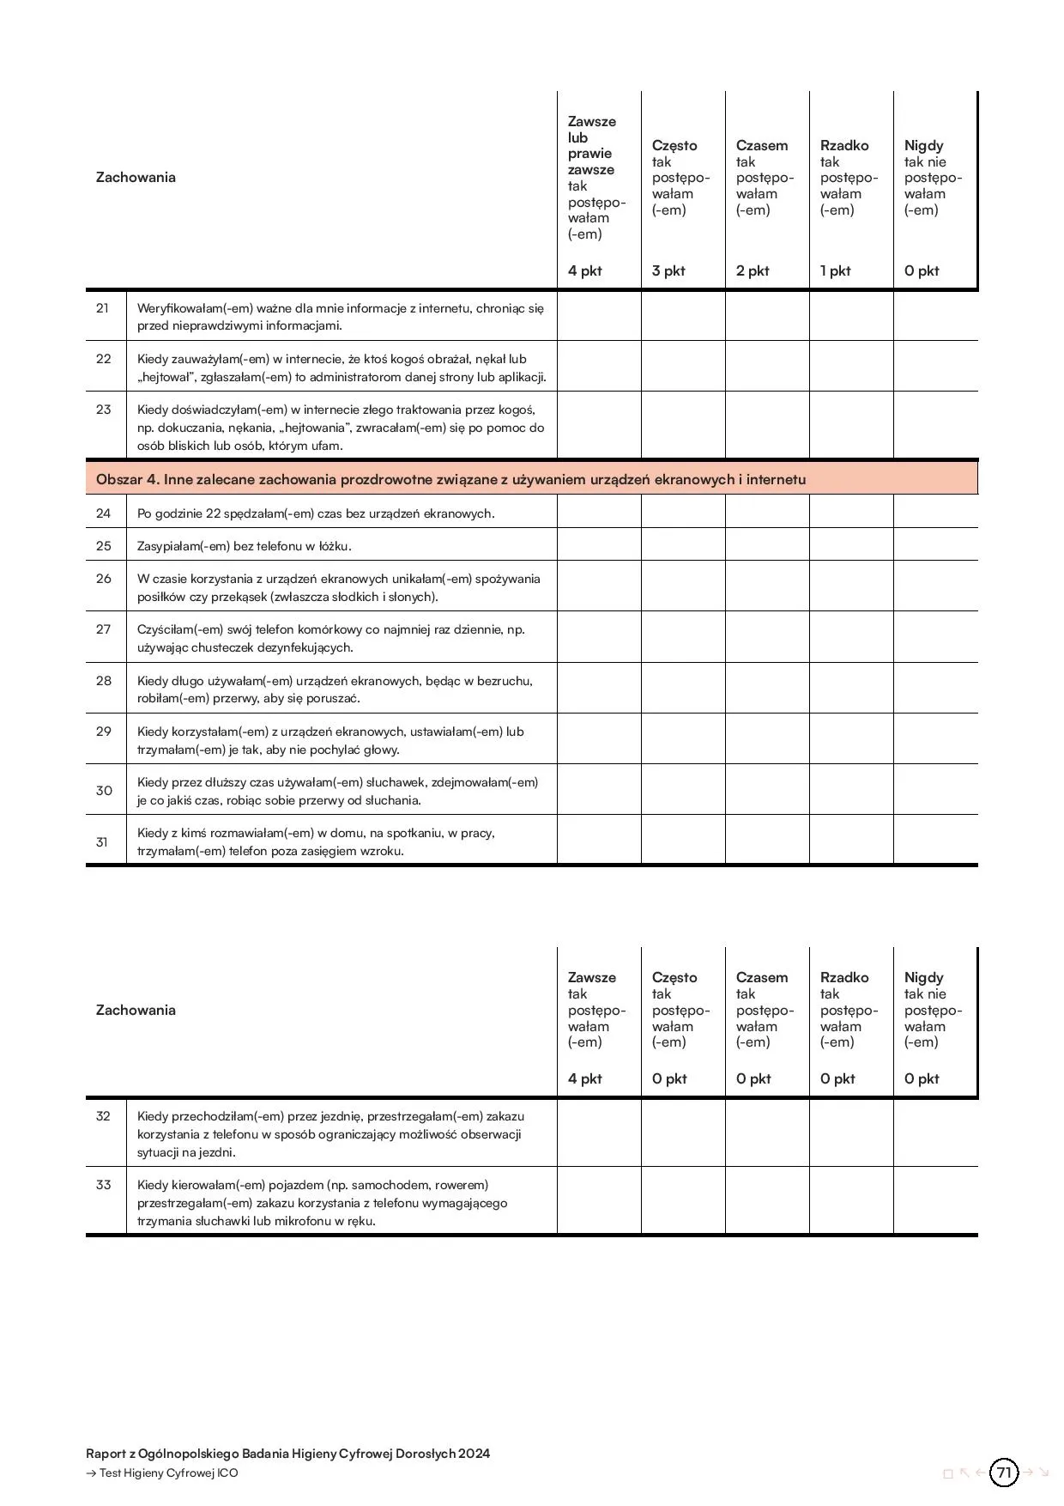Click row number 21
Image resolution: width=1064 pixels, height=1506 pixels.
(103, 308)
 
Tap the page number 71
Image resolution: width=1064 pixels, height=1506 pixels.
(1004, 1473)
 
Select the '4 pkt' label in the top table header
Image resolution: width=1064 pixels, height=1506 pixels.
(585, 271)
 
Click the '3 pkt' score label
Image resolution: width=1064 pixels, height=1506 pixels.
(668, 271)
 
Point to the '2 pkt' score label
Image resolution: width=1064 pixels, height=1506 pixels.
(753, 271)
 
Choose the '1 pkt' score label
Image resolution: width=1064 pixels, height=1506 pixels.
(836, 271)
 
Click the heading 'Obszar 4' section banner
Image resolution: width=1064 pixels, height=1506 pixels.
(451, 479)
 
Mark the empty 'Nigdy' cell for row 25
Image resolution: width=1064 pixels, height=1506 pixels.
(935, 545)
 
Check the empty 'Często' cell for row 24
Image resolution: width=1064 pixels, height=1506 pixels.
(683, 513)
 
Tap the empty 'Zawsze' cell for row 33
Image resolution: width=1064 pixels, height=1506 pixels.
(599, 1201)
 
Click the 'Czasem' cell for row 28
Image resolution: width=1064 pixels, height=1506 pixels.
(767, 688)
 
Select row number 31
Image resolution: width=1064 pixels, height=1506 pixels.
(102, 842)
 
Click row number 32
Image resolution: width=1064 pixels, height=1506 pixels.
(103, 1116)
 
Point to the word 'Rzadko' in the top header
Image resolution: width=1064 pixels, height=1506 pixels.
(844, 146)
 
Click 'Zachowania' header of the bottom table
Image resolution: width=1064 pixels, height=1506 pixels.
(136, 1011)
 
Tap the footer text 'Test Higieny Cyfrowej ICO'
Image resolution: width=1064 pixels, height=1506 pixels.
(168, 1473)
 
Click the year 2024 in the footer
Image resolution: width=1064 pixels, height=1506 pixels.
(475, 1454)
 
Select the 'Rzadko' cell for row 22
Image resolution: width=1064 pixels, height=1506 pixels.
(851, 367)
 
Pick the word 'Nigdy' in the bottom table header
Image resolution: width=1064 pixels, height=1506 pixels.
(923, 978)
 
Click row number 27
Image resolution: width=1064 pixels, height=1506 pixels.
(103, 629)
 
